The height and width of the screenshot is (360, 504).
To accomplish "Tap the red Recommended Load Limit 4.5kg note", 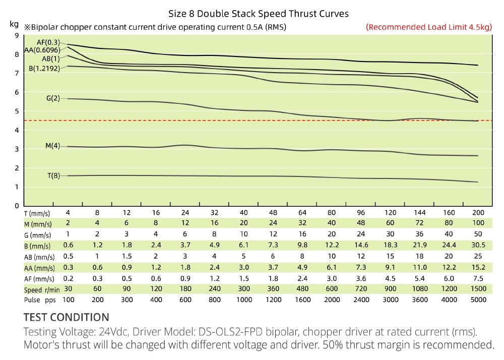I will [429, 27].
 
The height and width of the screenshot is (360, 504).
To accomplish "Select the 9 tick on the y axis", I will [17, 35].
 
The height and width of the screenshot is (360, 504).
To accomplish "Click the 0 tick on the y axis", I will [17, 206].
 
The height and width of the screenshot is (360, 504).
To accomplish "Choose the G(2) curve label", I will [53, 99].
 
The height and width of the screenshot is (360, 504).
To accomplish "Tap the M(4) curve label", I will [52, 146].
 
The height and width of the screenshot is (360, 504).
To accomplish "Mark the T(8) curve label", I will [53, 176].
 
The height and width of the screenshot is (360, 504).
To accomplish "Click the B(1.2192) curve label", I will [44, 68].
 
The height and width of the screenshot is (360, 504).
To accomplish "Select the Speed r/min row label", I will [42, 289].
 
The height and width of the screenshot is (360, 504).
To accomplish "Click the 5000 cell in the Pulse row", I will [478, 299].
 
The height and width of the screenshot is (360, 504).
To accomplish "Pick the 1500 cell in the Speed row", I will [478, 289].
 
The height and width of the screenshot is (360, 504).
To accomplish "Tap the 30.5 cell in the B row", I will [478, 245].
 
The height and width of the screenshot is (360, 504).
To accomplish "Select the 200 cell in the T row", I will [478, 212].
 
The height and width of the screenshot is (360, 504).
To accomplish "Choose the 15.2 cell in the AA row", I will [478, 267].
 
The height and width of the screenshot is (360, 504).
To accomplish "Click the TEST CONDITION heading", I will [66, 317].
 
